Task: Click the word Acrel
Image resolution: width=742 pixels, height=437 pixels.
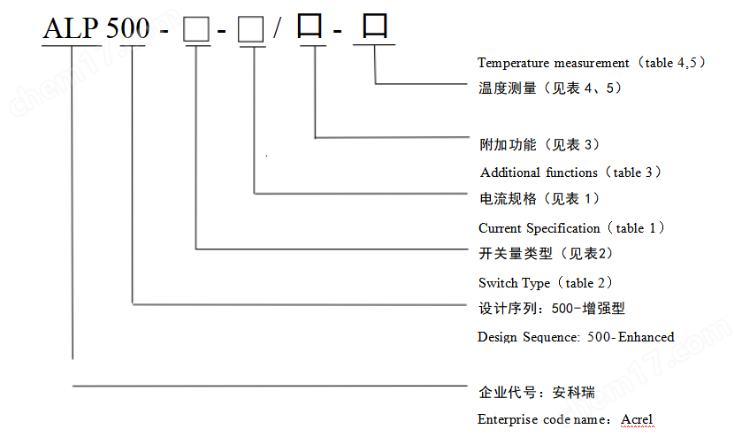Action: point(637,418)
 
